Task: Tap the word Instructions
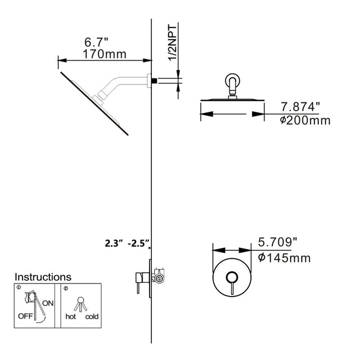point(43,277)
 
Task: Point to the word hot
point(70,317)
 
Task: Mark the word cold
point(92,317)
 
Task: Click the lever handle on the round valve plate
point(231,281)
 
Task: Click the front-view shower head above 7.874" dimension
point(232,100)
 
